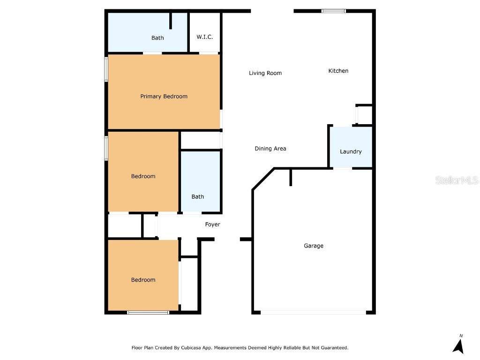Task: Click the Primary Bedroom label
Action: [x=164, y=97]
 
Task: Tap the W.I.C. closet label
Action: [x=205, y=37]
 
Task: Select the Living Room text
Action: [x=265, y=73]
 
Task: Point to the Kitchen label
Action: [x=338, y=71]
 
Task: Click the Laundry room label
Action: [x=351, y=152]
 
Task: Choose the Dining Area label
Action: [x=270, y=149]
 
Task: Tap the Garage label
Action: [x=314, y=246]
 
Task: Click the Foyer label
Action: [x=212, y=225]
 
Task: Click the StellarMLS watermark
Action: [x=456, y=180]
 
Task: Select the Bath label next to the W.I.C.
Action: [x=157, y=38]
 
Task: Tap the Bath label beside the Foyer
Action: [x=198, y=197]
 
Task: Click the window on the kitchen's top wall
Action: [x=333, y=11]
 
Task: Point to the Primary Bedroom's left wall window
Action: [x=106, y=69]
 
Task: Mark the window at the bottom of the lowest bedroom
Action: [x=148, y=312]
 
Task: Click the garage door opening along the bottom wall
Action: [x=313, y=312]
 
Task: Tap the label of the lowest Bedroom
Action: [x=143, y=280]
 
